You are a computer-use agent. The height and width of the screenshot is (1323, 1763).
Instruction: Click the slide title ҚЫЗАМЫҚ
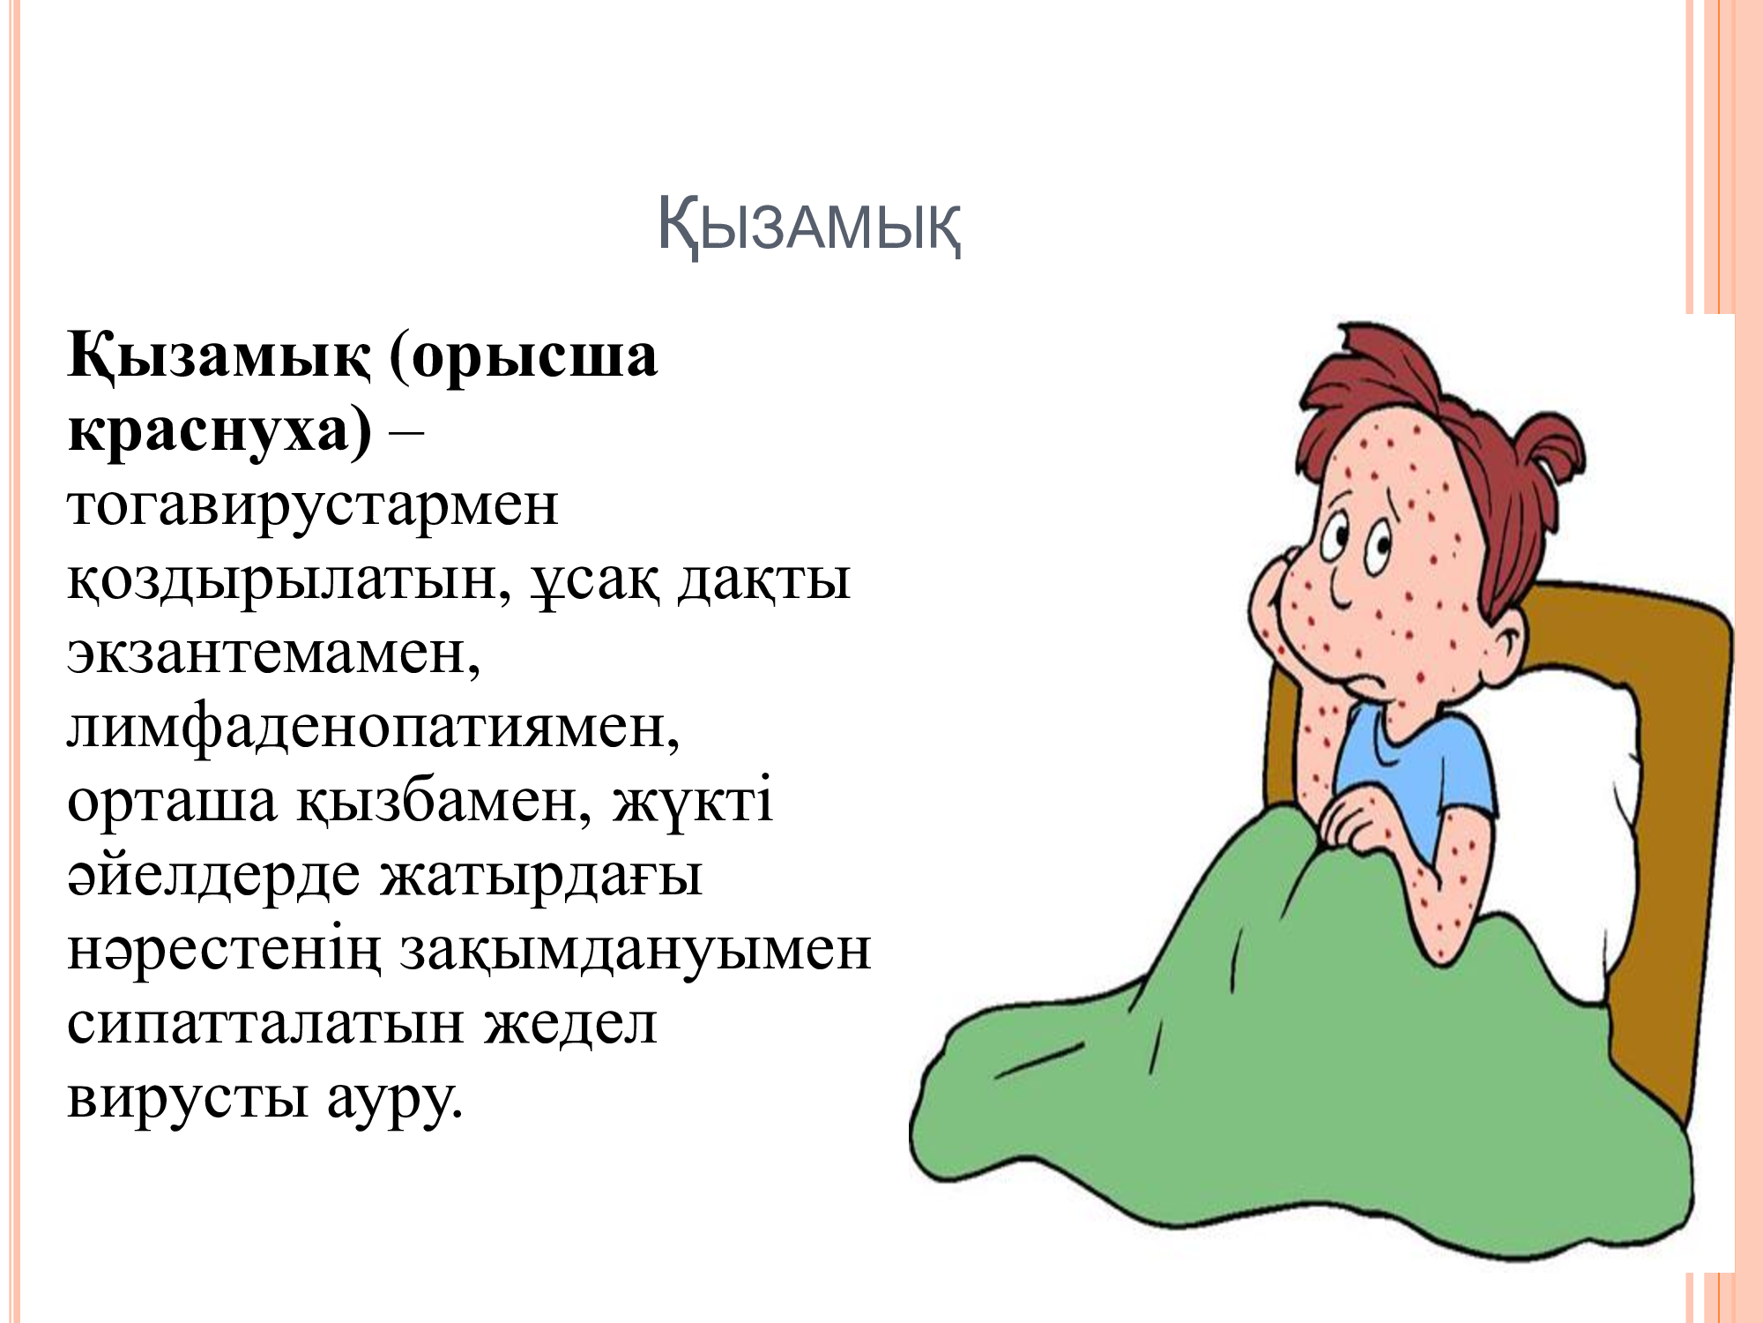pos(809,228)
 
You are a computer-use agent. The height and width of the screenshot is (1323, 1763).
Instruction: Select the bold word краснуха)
pos(219,432)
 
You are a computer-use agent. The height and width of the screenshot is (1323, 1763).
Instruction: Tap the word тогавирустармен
pos(313,506)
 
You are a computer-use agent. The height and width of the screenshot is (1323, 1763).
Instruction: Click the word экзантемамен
pos(274,654)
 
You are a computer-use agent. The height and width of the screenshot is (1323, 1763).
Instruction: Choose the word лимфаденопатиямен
pos(374,729)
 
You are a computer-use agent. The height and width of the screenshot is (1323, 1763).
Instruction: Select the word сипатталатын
pos(265,1026)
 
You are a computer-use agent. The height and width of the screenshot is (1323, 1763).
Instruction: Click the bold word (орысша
pos(524,358)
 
